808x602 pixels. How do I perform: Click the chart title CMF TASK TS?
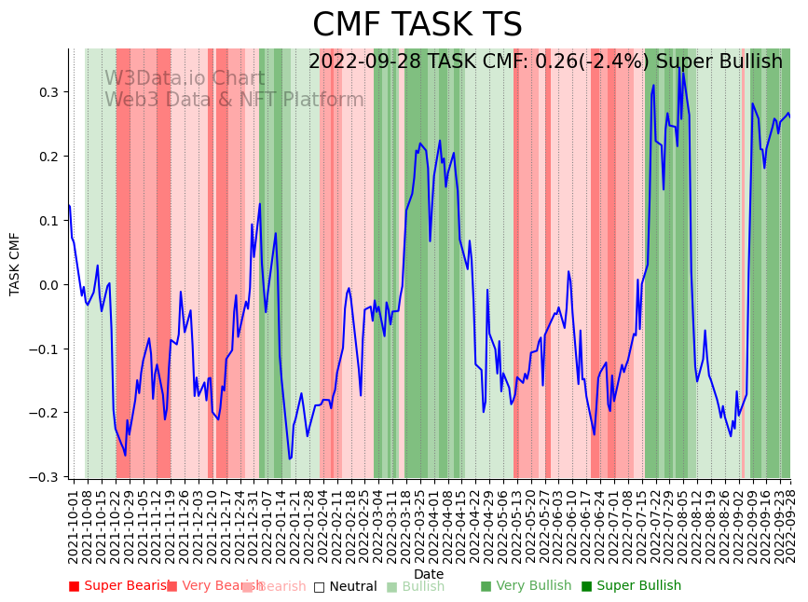coord(417,25)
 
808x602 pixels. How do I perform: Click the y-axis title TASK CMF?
coord(15,264)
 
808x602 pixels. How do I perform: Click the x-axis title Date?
coord(429,574)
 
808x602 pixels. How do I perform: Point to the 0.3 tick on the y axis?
coord(48,92)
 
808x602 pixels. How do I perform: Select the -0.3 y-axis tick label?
coord(44,477)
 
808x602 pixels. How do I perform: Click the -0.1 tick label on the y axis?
coord(44,349)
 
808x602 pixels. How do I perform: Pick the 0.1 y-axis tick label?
coord(48,221)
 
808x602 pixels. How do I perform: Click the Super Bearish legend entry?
coord(120,586)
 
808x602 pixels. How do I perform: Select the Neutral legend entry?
coord(346,586)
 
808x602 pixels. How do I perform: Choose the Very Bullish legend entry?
coord(526,586)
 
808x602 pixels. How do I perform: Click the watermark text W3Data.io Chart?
coord(184,78)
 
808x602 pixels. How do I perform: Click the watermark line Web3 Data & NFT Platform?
coord(234,100)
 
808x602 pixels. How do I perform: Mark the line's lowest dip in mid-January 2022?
coord(290,458)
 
